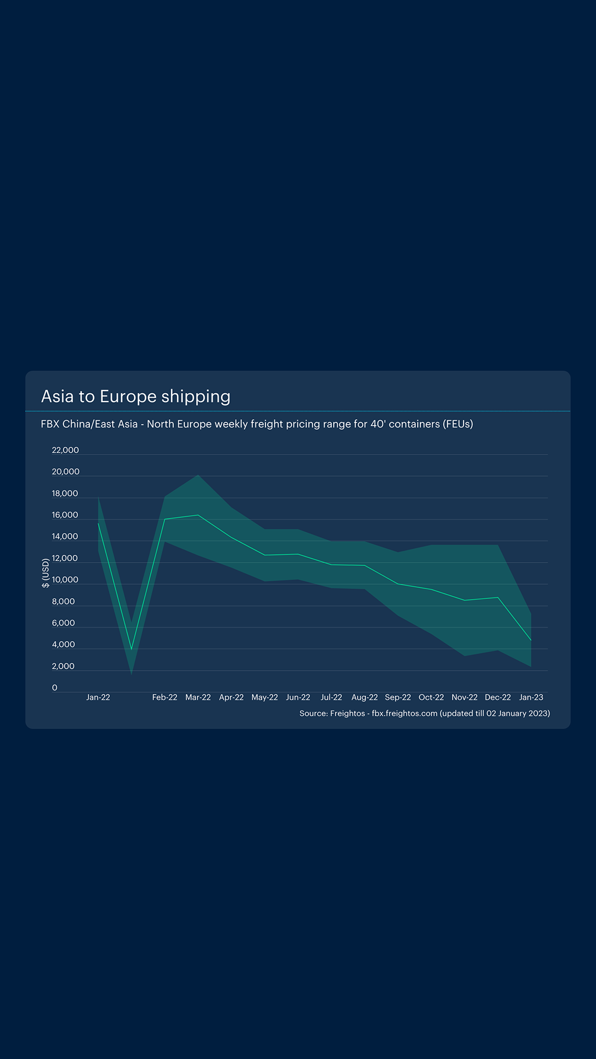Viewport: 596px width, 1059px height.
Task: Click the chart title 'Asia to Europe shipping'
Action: (136, 397)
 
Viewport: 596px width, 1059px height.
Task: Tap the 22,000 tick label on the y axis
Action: (65, 450)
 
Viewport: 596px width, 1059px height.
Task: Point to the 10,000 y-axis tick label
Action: (65, 580)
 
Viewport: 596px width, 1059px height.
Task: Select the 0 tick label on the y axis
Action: (55, 688)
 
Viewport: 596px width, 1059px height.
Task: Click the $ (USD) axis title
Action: (46, 574)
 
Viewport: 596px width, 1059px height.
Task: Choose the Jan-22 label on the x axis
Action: (98, 697)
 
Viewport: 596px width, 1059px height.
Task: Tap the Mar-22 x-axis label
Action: (198, 697)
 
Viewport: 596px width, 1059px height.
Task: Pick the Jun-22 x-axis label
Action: (298, 697)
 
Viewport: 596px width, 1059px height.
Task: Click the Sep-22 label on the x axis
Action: (398, 697)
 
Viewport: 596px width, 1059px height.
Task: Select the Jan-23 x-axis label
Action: (531, 697)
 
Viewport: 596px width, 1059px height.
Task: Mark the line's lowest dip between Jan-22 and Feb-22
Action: (131, 649)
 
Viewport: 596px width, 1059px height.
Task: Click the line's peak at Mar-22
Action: (198, 515)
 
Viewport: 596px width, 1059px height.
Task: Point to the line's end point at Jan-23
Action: (531, 640)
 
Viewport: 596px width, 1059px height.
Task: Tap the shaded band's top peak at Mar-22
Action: (198, 475)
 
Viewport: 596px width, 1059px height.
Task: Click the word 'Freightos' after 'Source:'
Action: (347, 713)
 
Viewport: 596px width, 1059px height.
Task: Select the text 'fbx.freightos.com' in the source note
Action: (405, 713)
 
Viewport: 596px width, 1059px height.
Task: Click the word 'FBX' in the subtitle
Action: (50, 424)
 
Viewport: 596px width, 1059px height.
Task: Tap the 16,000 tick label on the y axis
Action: (65, 515)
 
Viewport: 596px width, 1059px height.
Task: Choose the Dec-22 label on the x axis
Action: (498, 697)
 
